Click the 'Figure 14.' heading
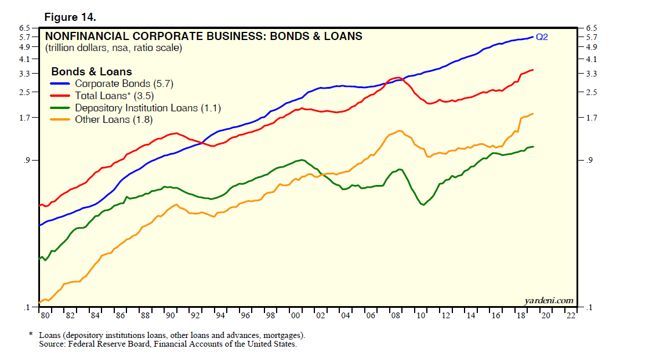click(x=70, y=17)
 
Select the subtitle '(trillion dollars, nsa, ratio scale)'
click(x=114, y=48)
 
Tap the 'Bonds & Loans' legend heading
click(x=92, y=72)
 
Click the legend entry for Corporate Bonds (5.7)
click(x=124, y=84)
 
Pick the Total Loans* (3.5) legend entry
click(x=114, y=96)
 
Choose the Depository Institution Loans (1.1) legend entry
click(x=148, y=108)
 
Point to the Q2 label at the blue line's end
click(x=541, y=38)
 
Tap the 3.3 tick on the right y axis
click(x=592, y=74)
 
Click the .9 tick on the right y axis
click(x=591, y=160)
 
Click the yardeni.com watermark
click(x=549, y=300)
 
